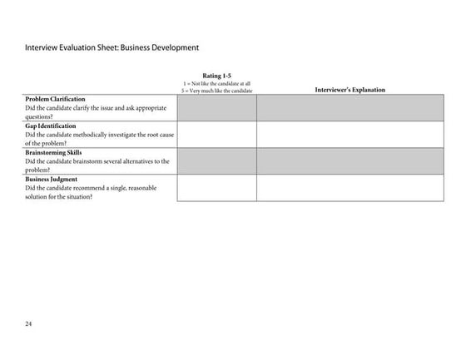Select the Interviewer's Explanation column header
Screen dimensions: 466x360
349,90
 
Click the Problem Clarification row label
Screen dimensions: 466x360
55,99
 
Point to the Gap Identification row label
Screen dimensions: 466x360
51,126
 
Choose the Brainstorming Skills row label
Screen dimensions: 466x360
54,152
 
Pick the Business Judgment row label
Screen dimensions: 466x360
52,179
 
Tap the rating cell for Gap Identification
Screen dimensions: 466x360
216,135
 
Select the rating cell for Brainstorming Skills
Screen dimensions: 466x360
216,161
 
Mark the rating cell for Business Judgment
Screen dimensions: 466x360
216,188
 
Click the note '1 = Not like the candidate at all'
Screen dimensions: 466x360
216,84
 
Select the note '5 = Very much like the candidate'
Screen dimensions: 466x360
216,91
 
